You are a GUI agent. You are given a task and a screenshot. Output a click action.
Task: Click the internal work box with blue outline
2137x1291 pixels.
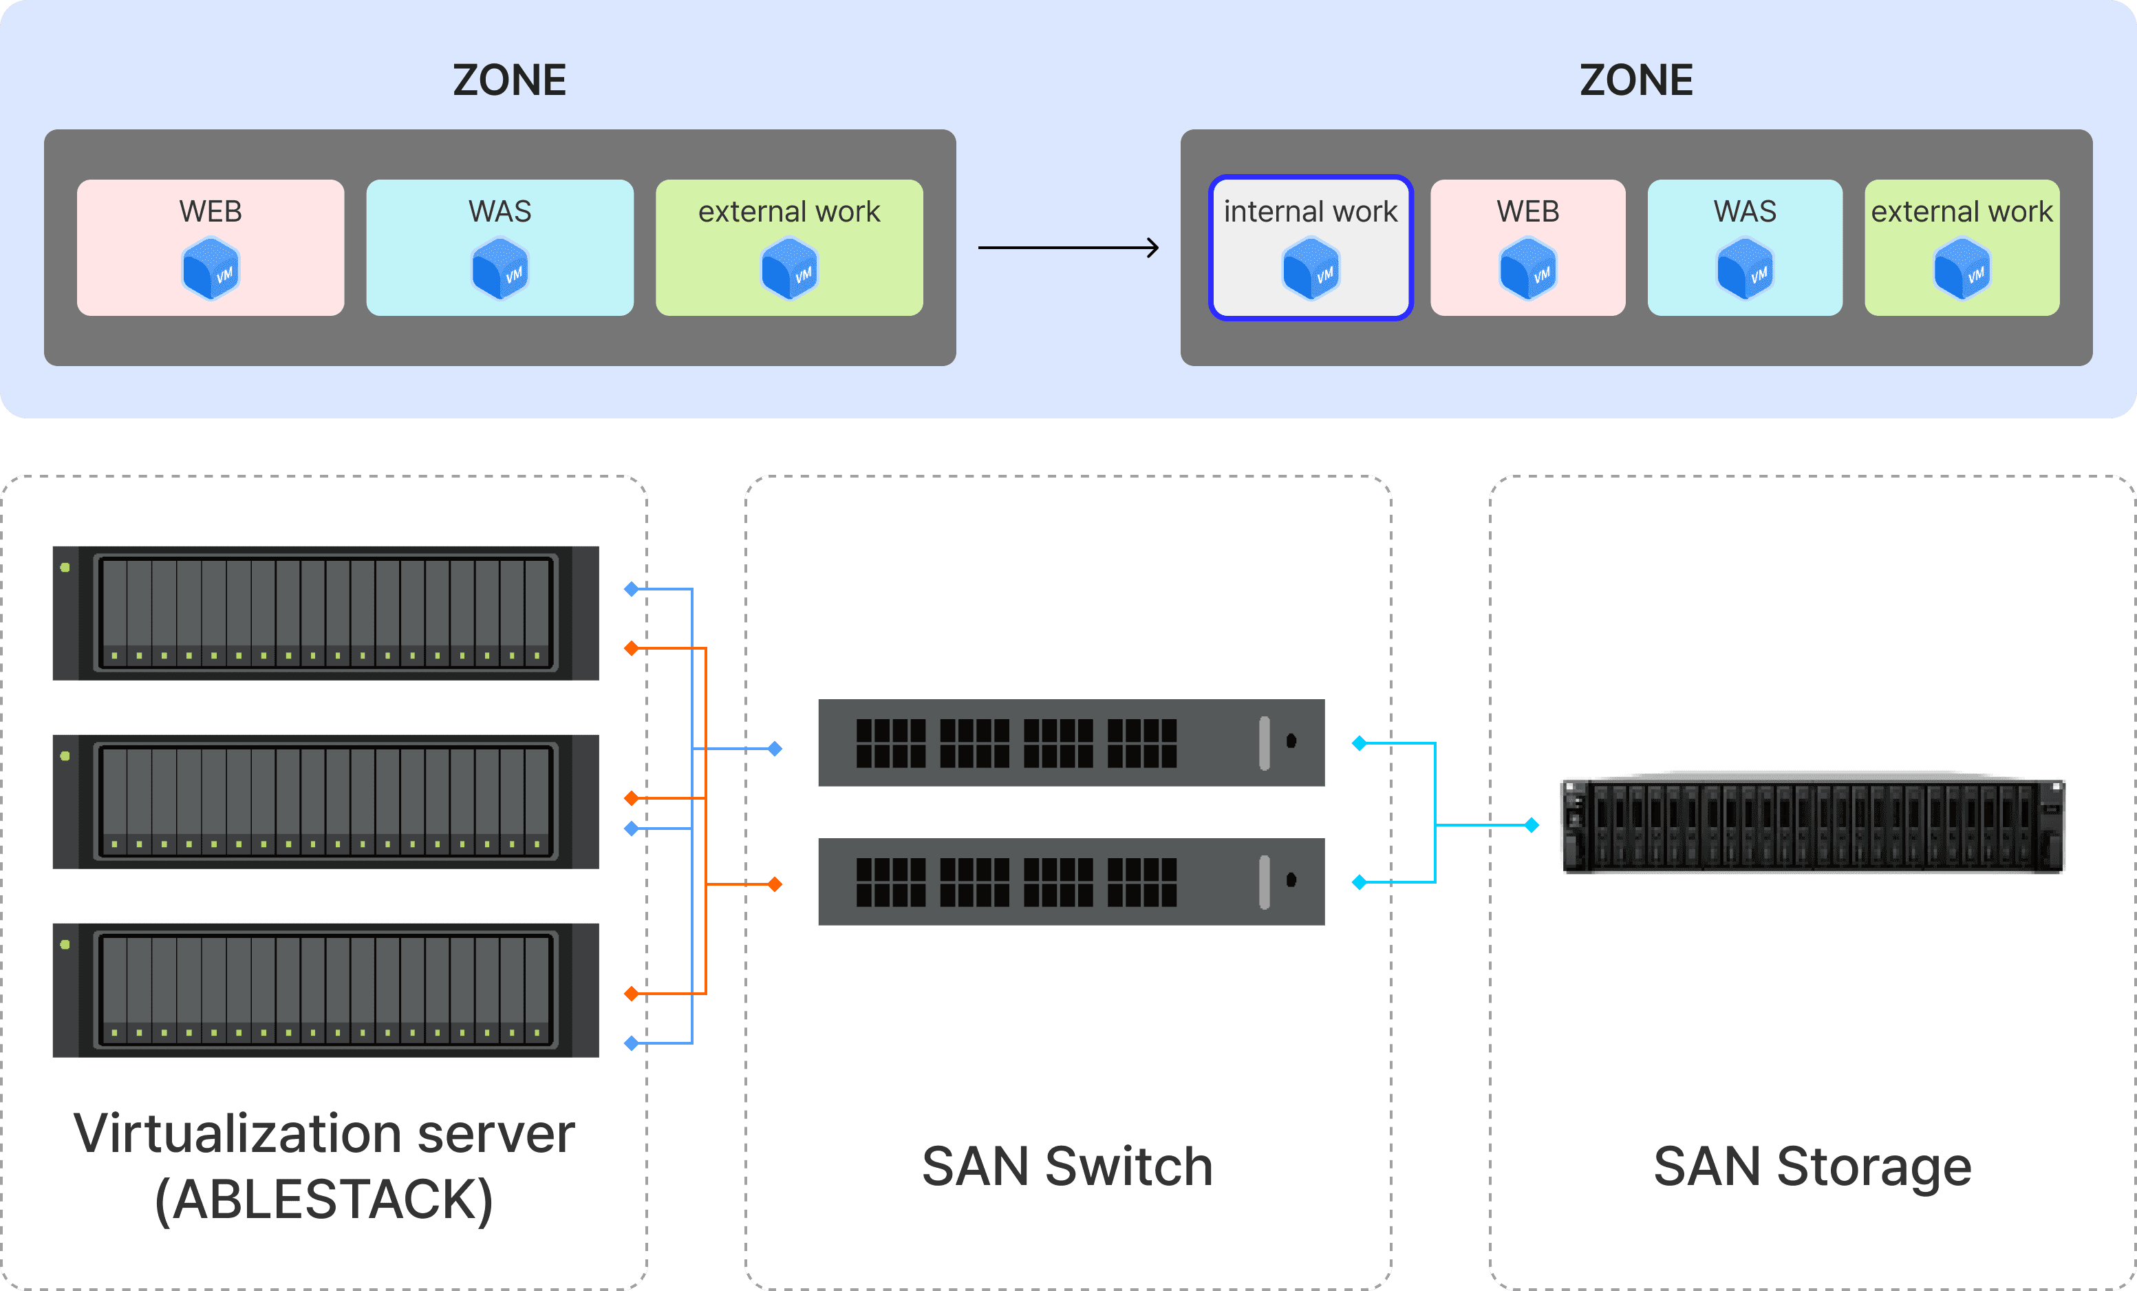click(x=1311, y=247)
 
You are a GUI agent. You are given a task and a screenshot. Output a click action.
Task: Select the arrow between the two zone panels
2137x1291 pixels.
click(x=1068, y=248)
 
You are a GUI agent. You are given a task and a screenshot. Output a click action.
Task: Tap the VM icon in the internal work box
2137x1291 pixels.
click(x=1311, y=270)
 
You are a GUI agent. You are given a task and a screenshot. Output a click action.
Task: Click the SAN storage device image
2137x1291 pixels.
click(x=1813, y=825)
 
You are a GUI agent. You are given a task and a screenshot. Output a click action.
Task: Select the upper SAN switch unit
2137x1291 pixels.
click(x=1071, y=743)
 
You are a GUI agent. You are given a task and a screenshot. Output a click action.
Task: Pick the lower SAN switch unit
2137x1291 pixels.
click(x=1071, y=882)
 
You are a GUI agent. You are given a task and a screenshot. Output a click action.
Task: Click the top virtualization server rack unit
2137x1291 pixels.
click(x=325, y=612)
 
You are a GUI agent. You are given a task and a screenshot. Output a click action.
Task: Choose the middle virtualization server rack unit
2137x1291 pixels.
click(x=325, y=802)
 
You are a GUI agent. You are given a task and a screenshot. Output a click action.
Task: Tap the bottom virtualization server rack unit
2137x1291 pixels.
click(x=325, y=990)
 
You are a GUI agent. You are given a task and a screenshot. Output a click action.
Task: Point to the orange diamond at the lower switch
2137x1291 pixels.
click(x=775, y=884)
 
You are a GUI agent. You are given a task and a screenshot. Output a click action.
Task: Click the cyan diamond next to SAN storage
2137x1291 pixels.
click(x=1532, y=825)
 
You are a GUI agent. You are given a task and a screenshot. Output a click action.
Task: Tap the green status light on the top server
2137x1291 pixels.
click(x=65, y=568)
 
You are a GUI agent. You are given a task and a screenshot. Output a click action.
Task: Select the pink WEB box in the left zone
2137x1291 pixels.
click(x=211, y=247)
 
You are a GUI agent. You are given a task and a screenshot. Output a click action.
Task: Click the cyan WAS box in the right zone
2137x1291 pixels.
click(x=1744, y=247)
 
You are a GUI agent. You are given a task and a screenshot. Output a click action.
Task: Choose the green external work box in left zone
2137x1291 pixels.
click(x=789, y=247)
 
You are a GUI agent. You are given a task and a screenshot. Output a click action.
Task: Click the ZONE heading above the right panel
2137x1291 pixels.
click(x=1635, y=81)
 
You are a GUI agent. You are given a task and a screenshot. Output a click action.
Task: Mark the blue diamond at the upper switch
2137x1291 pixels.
click(x=775, y=749)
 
